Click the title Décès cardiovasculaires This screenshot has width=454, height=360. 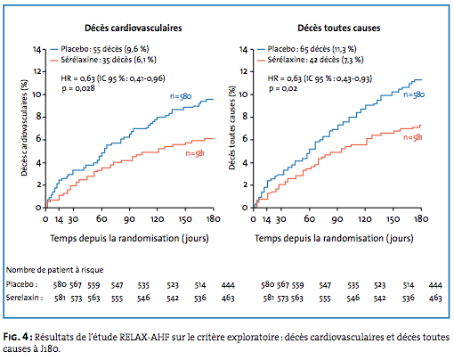coord(134,28)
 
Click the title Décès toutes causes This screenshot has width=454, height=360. coord(339,28)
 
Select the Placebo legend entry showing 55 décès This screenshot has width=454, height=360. coord(100,49)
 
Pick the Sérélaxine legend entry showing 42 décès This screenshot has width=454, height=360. coord(311,60)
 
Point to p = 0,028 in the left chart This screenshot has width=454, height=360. coord(78,88)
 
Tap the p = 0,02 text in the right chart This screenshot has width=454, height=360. coord(283,88)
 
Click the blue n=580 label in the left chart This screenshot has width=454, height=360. coord(181,96)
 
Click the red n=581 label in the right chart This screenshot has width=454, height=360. coord(413,137)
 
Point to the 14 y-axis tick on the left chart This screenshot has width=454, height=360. coord(36,49)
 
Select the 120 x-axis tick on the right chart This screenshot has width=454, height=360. coord(365,219)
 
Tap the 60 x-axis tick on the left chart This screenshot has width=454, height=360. coord(101,219)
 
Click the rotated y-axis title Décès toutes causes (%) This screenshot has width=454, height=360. coord(232,127)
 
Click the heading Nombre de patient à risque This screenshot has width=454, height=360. coord(55,270)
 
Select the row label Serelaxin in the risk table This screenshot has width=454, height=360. coord(24,298)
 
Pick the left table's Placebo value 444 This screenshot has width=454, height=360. coord(228,285)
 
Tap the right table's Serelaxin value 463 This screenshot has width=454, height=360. coord(435,298)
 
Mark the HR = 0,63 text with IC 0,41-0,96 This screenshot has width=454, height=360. coord(113,78)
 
